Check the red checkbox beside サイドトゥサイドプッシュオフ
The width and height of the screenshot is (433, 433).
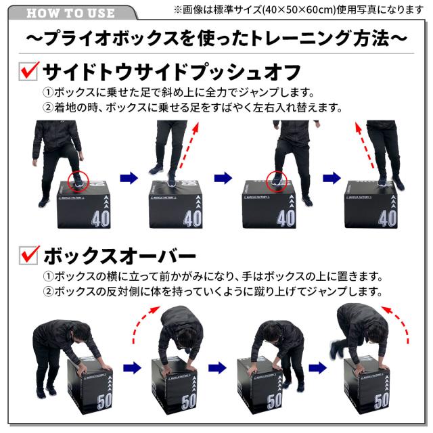point(26,71)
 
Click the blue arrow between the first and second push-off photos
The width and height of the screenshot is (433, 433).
point(129,178)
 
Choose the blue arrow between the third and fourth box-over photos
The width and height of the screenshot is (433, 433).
point(318,369)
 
